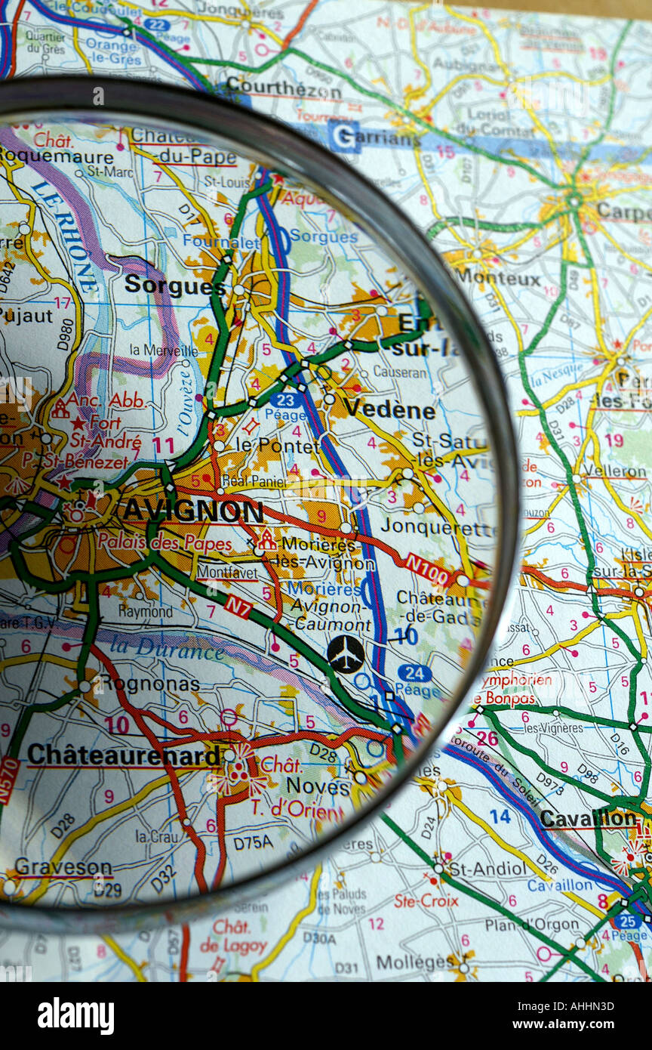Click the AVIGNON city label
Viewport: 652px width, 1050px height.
click(x=192, y=511)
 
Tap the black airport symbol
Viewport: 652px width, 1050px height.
click(x=346, y=654)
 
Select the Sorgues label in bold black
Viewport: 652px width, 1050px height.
click(x=174, y=285)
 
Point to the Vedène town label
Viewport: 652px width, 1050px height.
click(x=389, y=409)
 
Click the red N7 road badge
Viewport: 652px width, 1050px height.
click(x=238, y=606)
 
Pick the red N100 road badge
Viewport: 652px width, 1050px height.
click(x=427, y=569)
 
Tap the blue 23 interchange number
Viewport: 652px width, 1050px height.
click(x=286, y=400)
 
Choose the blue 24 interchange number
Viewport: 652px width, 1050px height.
click(x=414, y=672)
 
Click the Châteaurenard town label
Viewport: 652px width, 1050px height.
click(x=125, y=754)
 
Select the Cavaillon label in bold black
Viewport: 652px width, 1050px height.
click(x=589, y=818)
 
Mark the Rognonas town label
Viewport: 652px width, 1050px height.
click(x=149, y=684)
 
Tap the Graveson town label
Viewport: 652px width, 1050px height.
click(x=63, y=866)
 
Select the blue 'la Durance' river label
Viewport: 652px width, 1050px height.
click(x=167, y=647)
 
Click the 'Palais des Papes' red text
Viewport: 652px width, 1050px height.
click(x=165, y=542)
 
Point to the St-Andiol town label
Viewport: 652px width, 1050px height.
click(x=487, y=868)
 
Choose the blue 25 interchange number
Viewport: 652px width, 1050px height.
click(x=627, y=921)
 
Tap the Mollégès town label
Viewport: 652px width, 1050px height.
click(x=414, y=962)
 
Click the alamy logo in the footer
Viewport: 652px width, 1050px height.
click(x=75, y=1015)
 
